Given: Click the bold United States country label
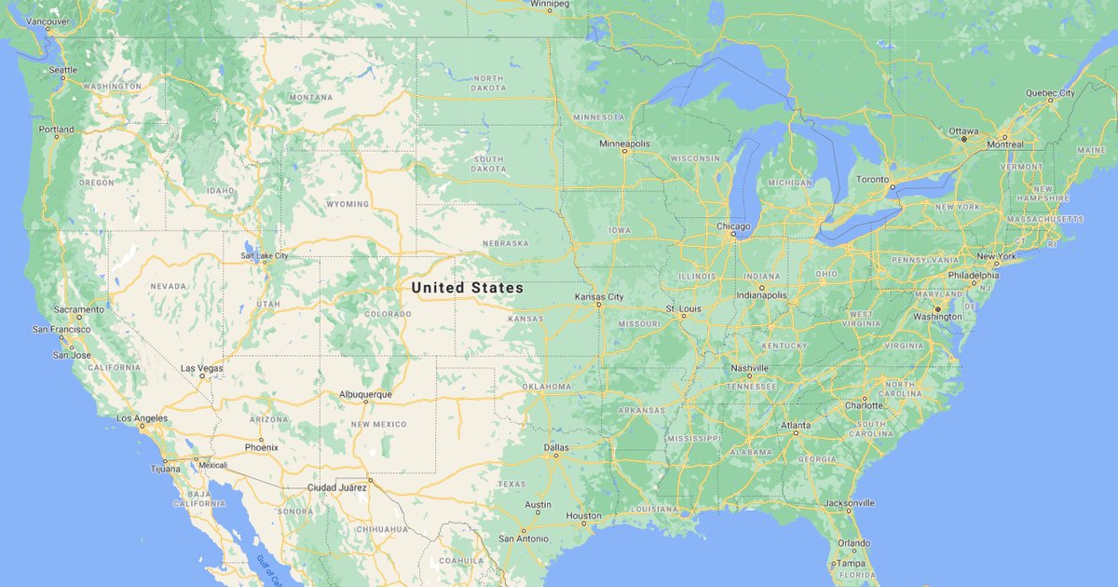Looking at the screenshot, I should [468, 289].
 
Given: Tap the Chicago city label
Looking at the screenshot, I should [733, 226].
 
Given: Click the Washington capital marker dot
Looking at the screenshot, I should [937, 308].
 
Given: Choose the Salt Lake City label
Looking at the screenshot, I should [264, 255].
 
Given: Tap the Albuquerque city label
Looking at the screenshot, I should [365, 394].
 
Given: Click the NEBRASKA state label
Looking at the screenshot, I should [505, 243].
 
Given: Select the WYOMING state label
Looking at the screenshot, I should [348, 204].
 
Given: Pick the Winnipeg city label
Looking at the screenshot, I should [550, 4].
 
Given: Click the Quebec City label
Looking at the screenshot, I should [1050, 93].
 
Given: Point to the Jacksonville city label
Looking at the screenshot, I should [849, 503].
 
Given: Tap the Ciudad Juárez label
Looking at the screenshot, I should [337, 487].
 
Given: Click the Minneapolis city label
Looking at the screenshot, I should [624, 143].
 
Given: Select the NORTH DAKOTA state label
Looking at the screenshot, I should [489, 83].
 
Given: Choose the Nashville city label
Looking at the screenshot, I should [749, 368].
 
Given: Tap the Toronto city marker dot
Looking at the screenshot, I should [892, 187].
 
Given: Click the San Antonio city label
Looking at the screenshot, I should [523, 539].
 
